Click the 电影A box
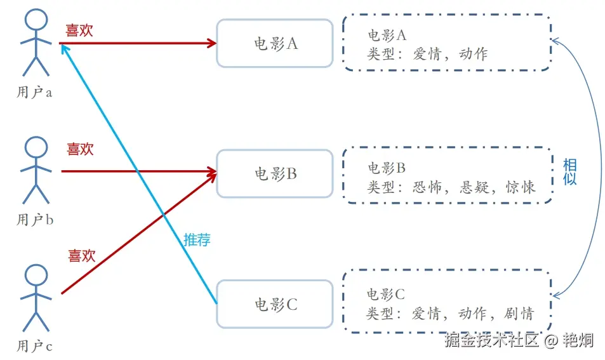pos(274,43)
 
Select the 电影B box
pos(274,173)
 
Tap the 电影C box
pos(274,304)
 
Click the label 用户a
pos(34,92)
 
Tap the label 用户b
pos(34,220)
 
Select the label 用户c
pos(34,347)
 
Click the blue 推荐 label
pos(197,239)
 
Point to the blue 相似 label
pos(569,171)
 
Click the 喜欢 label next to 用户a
pos(79,30)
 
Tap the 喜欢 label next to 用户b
pos(80,149)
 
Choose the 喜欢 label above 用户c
pos(81,256)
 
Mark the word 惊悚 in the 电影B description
pos(521,187)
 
